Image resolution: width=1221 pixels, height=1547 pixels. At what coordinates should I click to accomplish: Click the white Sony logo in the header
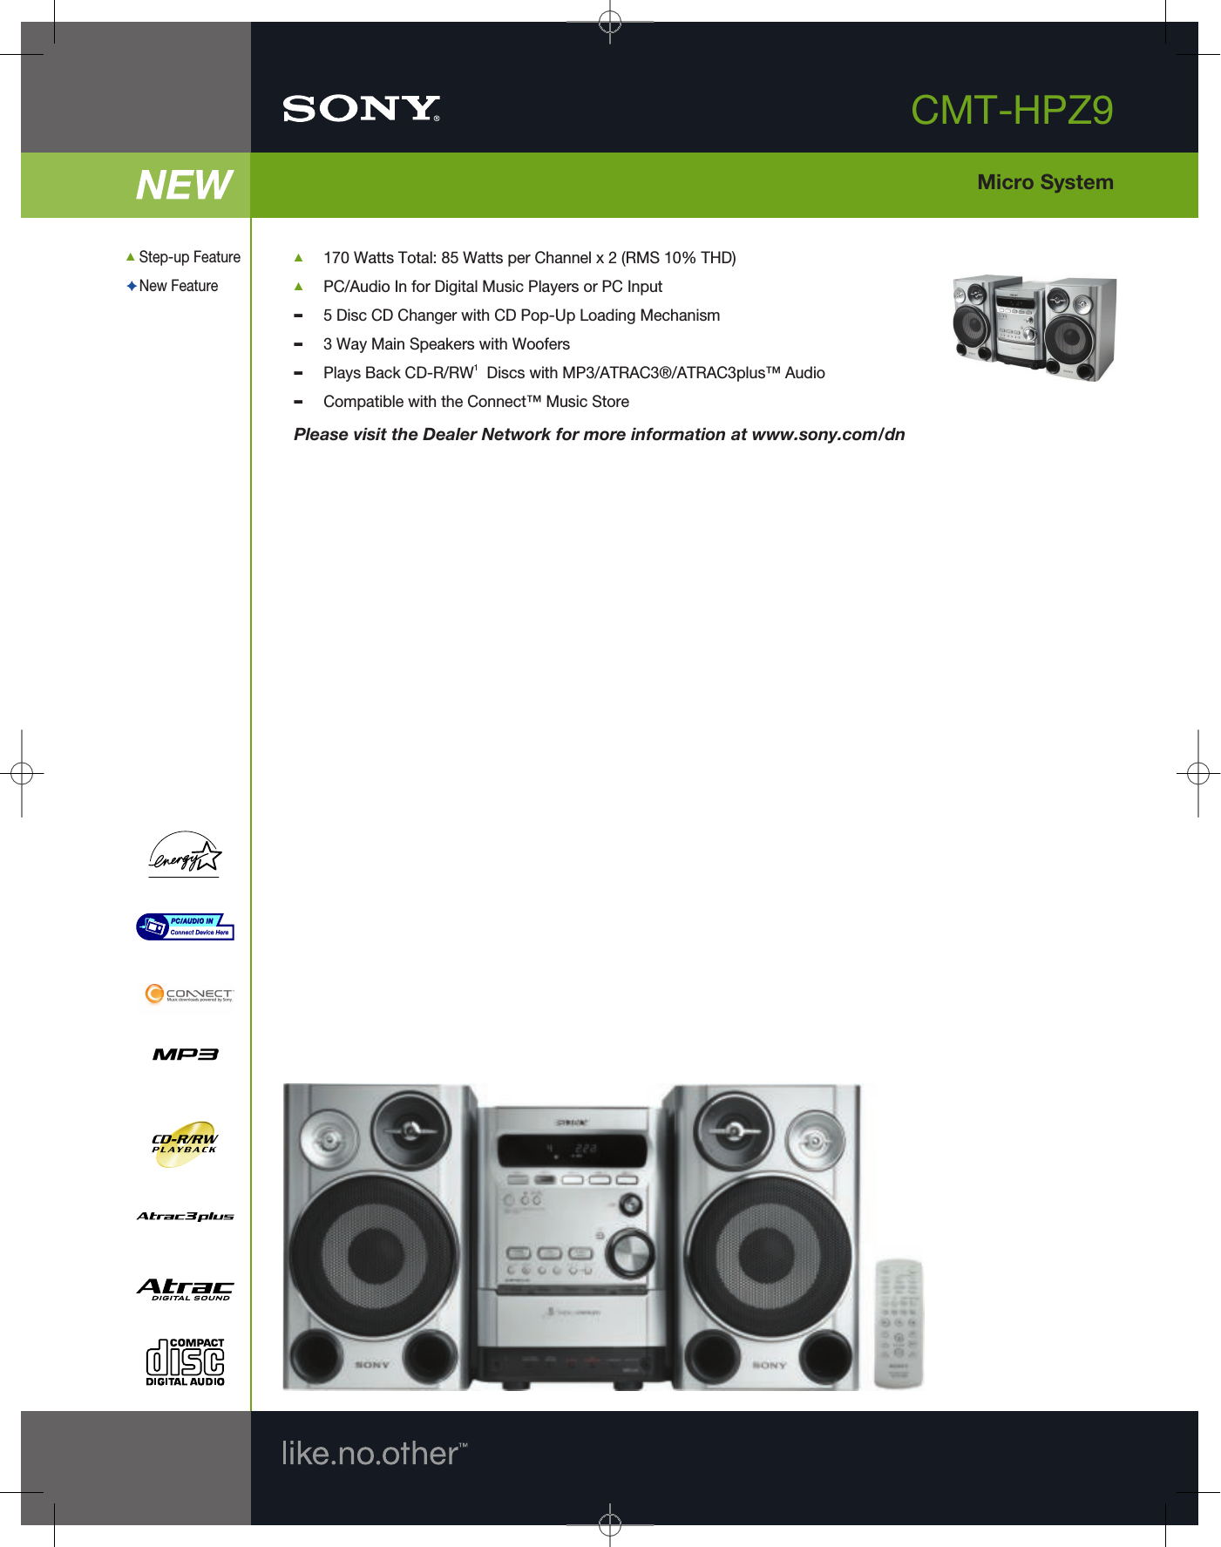tap(361, 109)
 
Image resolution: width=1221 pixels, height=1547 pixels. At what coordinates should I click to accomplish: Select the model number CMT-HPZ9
tap(1011, 111)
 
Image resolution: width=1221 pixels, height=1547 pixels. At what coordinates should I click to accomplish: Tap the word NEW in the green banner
tap(184, 185)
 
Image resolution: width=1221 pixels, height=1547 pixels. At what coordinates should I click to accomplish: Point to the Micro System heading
tap(1045, 182)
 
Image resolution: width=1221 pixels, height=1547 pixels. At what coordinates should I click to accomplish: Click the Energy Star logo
tap(185, 854)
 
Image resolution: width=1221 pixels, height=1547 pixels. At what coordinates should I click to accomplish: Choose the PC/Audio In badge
tap(185, 926)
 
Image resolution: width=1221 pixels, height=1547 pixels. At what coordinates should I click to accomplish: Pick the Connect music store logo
tap(188, 994)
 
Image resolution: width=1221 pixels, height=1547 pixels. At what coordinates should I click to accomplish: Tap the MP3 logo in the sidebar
tap(185, 1055)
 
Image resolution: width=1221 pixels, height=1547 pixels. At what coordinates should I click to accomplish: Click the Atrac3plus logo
tap(185, 1216)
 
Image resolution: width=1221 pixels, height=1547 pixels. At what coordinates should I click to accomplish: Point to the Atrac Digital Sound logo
tap(185, 1289)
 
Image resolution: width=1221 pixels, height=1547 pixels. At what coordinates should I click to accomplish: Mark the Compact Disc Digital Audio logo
tap(185, 1362)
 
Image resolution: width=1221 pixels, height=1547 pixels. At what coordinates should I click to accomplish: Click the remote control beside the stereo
tap(899, 1324)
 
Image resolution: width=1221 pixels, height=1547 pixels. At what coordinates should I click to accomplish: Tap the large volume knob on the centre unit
tap(629, 1252)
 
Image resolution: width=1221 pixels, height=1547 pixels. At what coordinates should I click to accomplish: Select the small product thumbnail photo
tap(1034, 328)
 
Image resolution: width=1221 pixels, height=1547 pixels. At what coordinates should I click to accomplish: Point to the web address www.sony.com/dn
tap(828, 434)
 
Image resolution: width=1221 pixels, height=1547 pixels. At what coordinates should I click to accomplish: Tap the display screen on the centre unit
tap(572, 1150)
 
